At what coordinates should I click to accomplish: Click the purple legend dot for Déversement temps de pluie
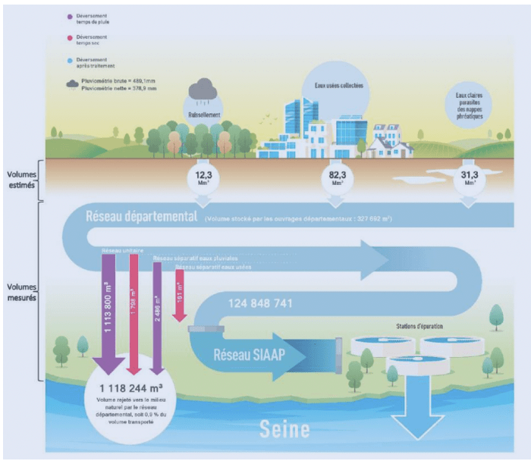71,16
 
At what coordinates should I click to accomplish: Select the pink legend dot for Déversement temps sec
71,36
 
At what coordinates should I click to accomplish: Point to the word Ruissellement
204,115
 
